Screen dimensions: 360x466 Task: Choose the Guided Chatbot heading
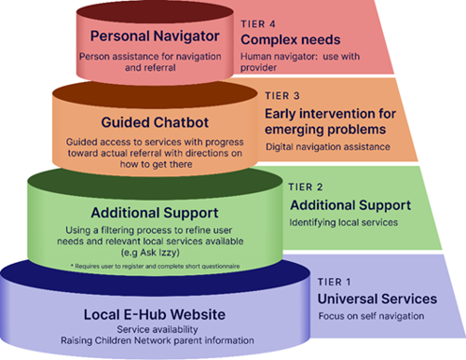tap(150, 123)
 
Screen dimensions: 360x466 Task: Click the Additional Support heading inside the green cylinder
tap(149, 214)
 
